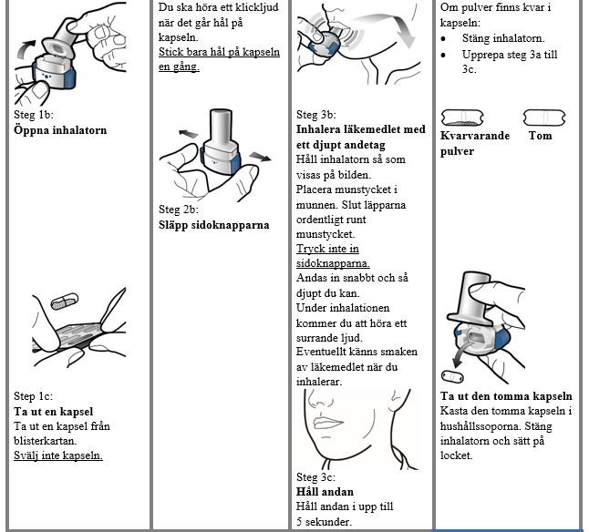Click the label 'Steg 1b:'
[34, 116]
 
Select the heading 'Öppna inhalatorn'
[60, 130]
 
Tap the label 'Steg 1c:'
[34, 396]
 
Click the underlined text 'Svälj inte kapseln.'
[58, 455]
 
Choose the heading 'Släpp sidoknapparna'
[213, 224]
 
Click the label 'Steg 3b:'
[317, 115]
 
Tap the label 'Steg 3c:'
[316, 476]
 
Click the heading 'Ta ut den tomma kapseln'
[506, 396]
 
